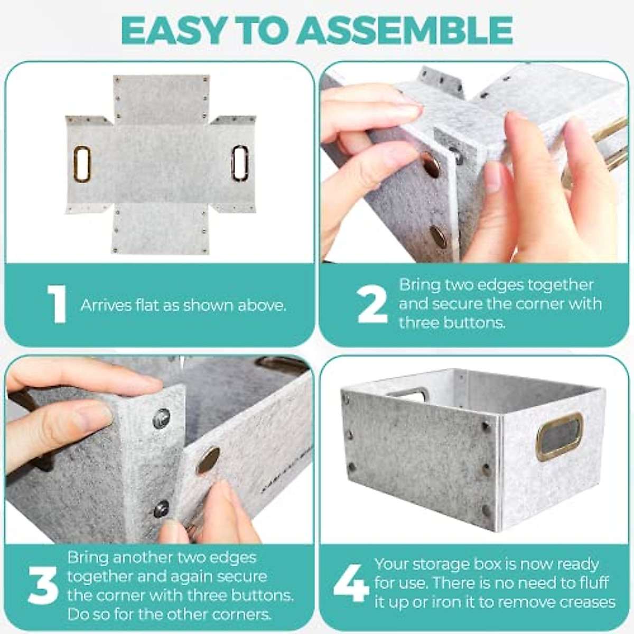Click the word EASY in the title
tap(171, 31)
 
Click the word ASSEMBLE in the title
tap(404, 31)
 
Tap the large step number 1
tap(57, 304)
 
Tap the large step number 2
tap(372, 304)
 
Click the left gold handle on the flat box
tap(81, 164)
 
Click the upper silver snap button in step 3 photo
tap(162, 419)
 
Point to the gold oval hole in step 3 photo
tap(209, 460)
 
